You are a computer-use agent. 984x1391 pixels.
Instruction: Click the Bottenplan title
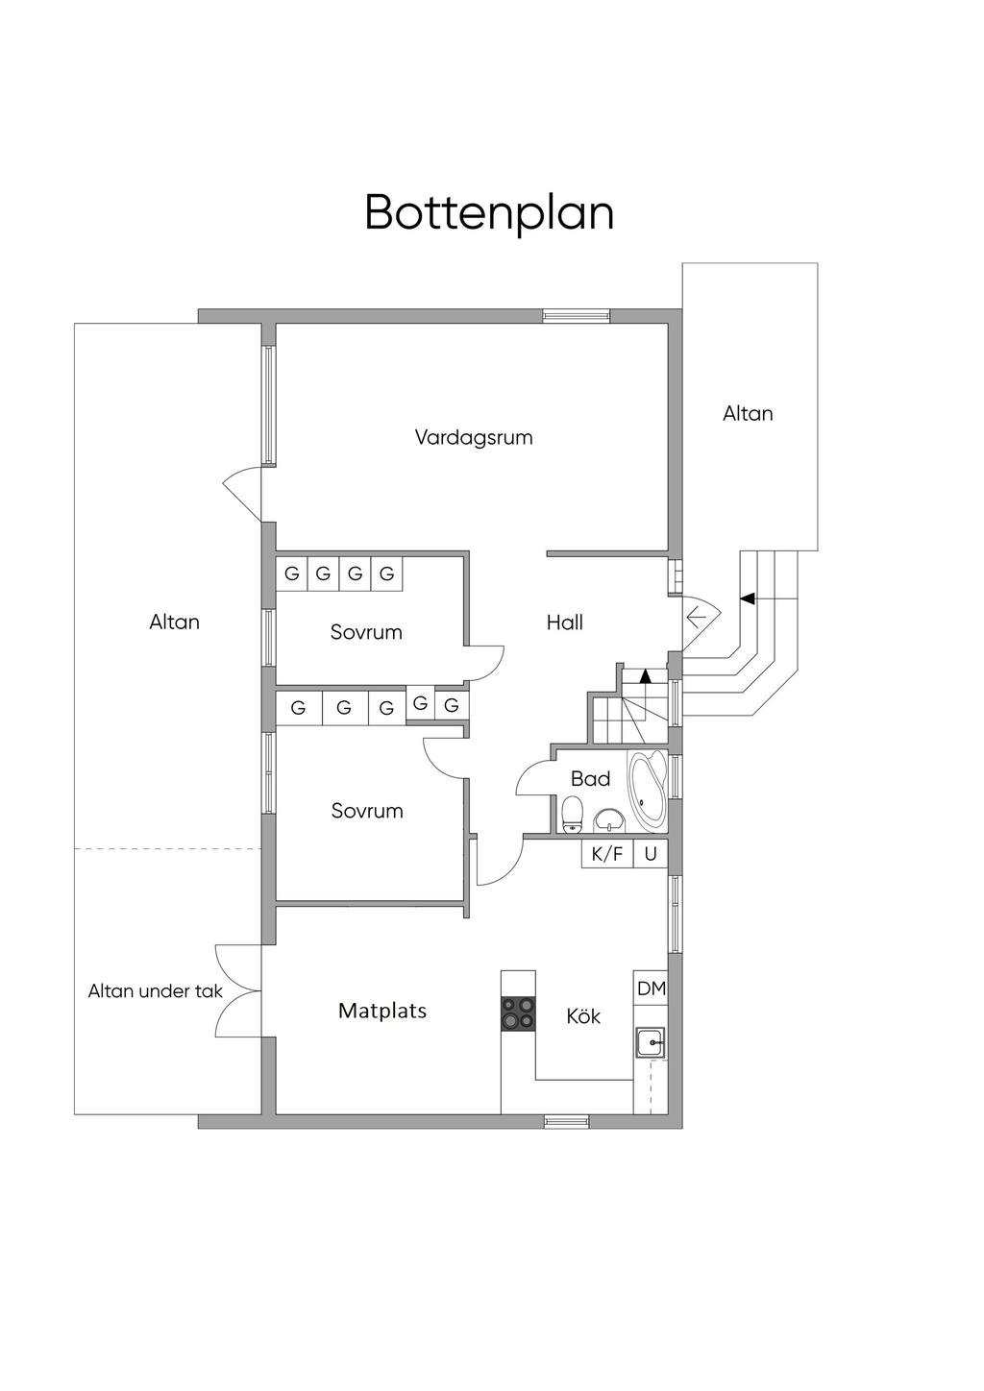tap(489, 212)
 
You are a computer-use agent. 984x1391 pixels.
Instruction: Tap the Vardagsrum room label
tap(473, 437)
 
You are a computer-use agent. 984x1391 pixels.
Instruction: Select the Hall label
tap(564, 622)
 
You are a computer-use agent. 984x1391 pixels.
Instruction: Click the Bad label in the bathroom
tap(590, 778)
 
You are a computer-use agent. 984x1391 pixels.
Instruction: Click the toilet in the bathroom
tap(572, 814)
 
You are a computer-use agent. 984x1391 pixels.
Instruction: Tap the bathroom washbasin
tap(609, 819)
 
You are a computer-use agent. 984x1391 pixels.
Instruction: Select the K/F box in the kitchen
tap(606, 853)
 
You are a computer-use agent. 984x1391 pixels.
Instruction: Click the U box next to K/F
tap(651, 853)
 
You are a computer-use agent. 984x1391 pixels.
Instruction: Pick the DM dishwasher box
tap(651, 988)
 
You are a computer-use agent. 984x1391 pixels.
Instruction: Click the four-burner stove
tap(518, 1014)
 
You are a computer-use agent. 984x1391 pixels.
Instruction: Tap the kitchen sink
tap(651, 1041)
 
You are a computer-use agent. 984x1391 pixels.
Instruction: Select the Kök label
tap(583, 1015)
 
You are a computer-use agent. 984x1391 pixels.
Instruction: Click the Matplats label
tap(381, 1011)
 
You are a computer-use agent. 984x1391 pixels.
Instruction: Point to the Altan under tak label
tap(155, 990)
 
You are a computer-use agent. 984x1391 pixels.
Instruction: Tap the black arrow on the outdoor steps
tap(747, 598)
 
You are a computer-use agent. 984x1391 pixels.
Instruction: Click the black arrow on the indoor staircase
tap(646, 675)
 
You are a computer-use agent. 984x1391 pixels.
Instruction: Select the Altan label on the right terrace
tap(748, 413)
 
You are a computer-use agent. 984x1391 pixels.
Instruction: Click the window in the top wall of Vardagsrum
tap(576, 315)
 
